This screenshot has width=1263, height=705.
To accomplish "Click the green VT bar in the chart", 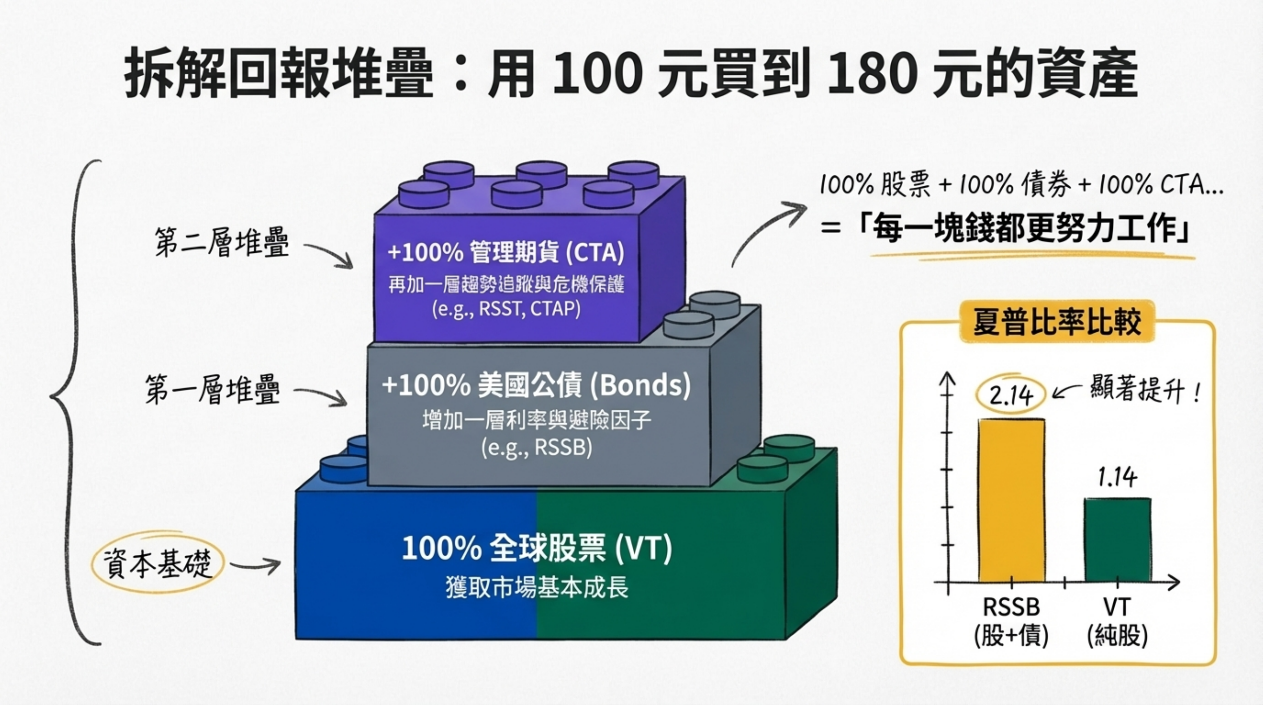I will (x=1117, y=539).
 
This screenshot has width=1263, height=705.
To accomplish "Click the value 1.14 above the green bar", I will (x=1117, y=477).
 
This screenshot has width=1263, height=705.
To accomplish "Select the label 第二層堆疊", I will (x=222, y=242).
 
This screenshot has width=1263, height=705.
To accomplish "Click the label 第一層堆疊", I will (x=212, y=390).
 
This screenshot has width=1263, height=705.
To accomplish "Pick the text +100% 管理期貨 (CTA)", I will (x=506, y=252).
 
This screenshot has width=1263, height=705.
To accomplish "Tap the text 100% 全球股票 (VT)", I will (x=537, y=548).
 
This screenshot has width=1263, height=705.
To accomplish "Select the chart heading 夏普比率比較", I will (x=1057, y=322).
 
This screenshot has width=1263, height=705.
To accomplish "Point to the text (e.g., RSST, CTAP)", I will (x=506, y=309).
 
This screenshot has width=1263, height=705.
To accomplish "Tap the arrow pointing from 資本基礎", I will (x=255, y=566).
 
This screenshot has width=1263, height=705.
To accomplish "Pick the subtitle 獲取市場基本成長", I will (x=537, y=587).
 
